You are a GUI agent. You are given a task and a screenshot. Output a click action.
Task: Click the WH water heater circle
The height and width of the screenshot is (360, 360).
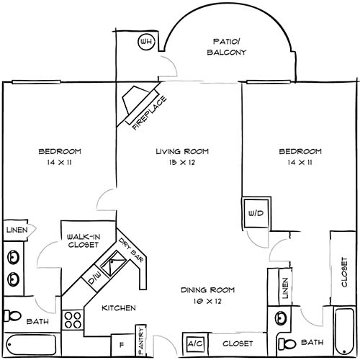click(x=146, y=42)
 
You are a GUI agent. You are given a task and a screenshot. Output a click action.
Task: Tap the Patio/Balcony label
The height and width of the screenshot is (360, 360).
click(x=227, y=47)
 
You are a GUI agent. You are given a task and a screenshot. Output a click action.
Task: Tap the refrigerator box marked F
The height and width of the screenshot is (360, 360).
click(x=122, y=344)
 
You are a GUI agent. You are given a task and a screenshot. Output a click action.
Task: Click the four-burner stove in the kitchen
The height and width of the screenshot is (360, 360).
click(x=73, y=320)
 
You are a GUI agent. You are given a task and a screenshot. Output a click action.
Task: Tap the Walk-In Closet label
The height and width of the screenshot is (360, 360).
click(x=82, y=240)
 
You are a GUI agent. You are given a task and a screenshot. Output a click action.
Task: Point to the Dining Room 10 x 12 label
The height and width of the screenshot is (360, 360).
click(x=207, y=295)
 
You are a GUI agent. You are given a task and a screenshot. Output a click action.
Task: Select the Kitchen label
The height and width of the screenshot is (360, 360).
click(x=119, y=308)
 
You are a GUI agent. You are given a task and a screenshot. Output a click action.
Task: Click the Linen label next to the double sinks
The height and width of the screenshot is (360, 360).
click(x=17, y=230)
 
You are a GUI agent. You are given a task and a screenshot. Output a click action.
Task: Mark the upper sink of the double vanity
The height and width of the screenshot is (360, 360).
click(x=13, y=257)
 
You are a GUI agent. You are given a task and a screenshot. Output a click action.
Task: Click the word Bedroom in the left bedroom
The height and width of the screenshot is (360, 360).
click(x=59, y=152)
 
